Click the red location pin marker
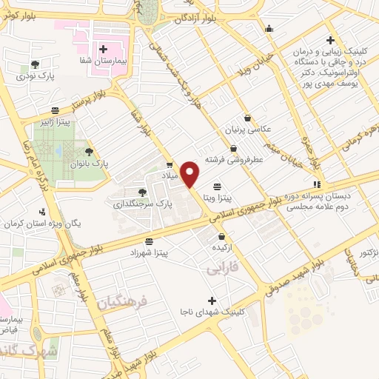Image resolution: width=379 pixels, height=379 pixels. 190,173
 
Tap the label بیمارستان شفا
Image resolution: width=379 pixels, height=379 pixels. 105,59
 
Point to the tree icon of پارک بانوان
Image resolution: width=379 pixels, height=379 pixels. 89,151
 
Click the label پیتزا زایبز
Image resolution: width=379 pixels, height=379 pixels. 58,121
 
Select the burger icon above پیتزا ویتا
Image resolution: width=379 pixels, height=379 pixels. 217,187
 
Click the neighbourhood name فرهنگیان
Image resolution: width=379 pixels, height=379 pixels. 122,301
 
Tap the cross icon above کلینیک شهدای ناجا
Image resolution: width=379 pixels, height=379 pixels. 212,301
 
